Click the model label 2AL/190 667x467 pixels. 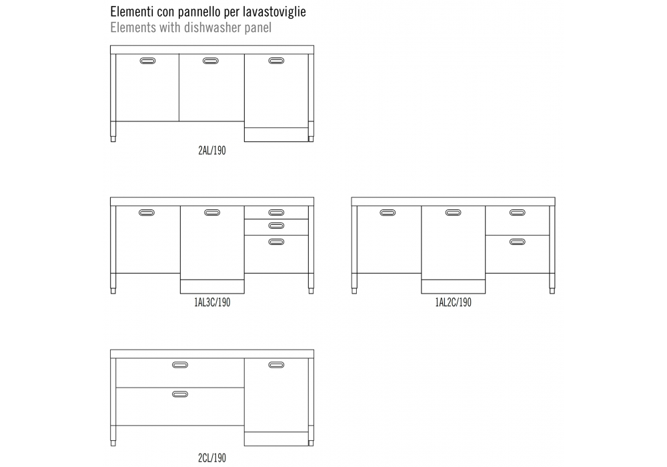pyautogui.click(x=212, y=151)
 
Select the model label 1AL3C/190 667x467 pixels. pyautogui.click(x=212, y=302)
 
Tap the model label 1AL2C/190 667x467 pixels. pyautogui.click(x=453, y=302)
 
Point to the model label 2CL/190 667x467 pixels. pyautogui.click(x=212, y=458)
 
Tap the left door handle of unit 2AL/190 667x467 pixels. pyautogui.click(x=147, y=61)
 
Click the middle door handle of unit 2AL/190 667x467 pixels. pyautogui.click(x=211, y=61)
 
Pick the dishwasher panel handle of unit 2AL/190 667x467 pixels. pyautogui.click(x=276, y=61)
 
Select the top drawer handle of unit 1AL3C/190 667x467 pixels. pyautogui.click(x=276, y=213)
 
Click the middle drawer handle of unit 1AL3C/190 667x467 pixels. pyautogui.click(x=276, y=225)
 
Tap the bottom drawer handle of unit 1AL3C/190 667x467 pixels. pyautogui.click(x=276, y=242)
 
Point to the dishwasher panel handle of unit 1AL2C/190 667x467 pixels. pyautogui.click(x=453, y=213)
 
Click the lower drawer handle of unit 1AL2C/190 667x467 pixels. pyautogui.click(x=518, y=242)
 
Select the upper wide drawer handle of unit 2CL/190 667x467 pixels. pyautogui.click(x=180, y=365)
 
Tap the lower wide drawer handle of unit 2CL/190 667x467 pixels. pyautogui.click(x=180, y=394)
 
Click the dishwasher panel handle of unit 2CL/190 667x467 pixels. pyautogui.click(x=276, y=365)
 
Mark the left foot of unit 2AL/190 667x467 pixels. pyautogui.click(x=113, y=139)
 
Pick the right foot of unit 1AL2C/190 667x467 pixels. pyautogui.click(x=552, y=291)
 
